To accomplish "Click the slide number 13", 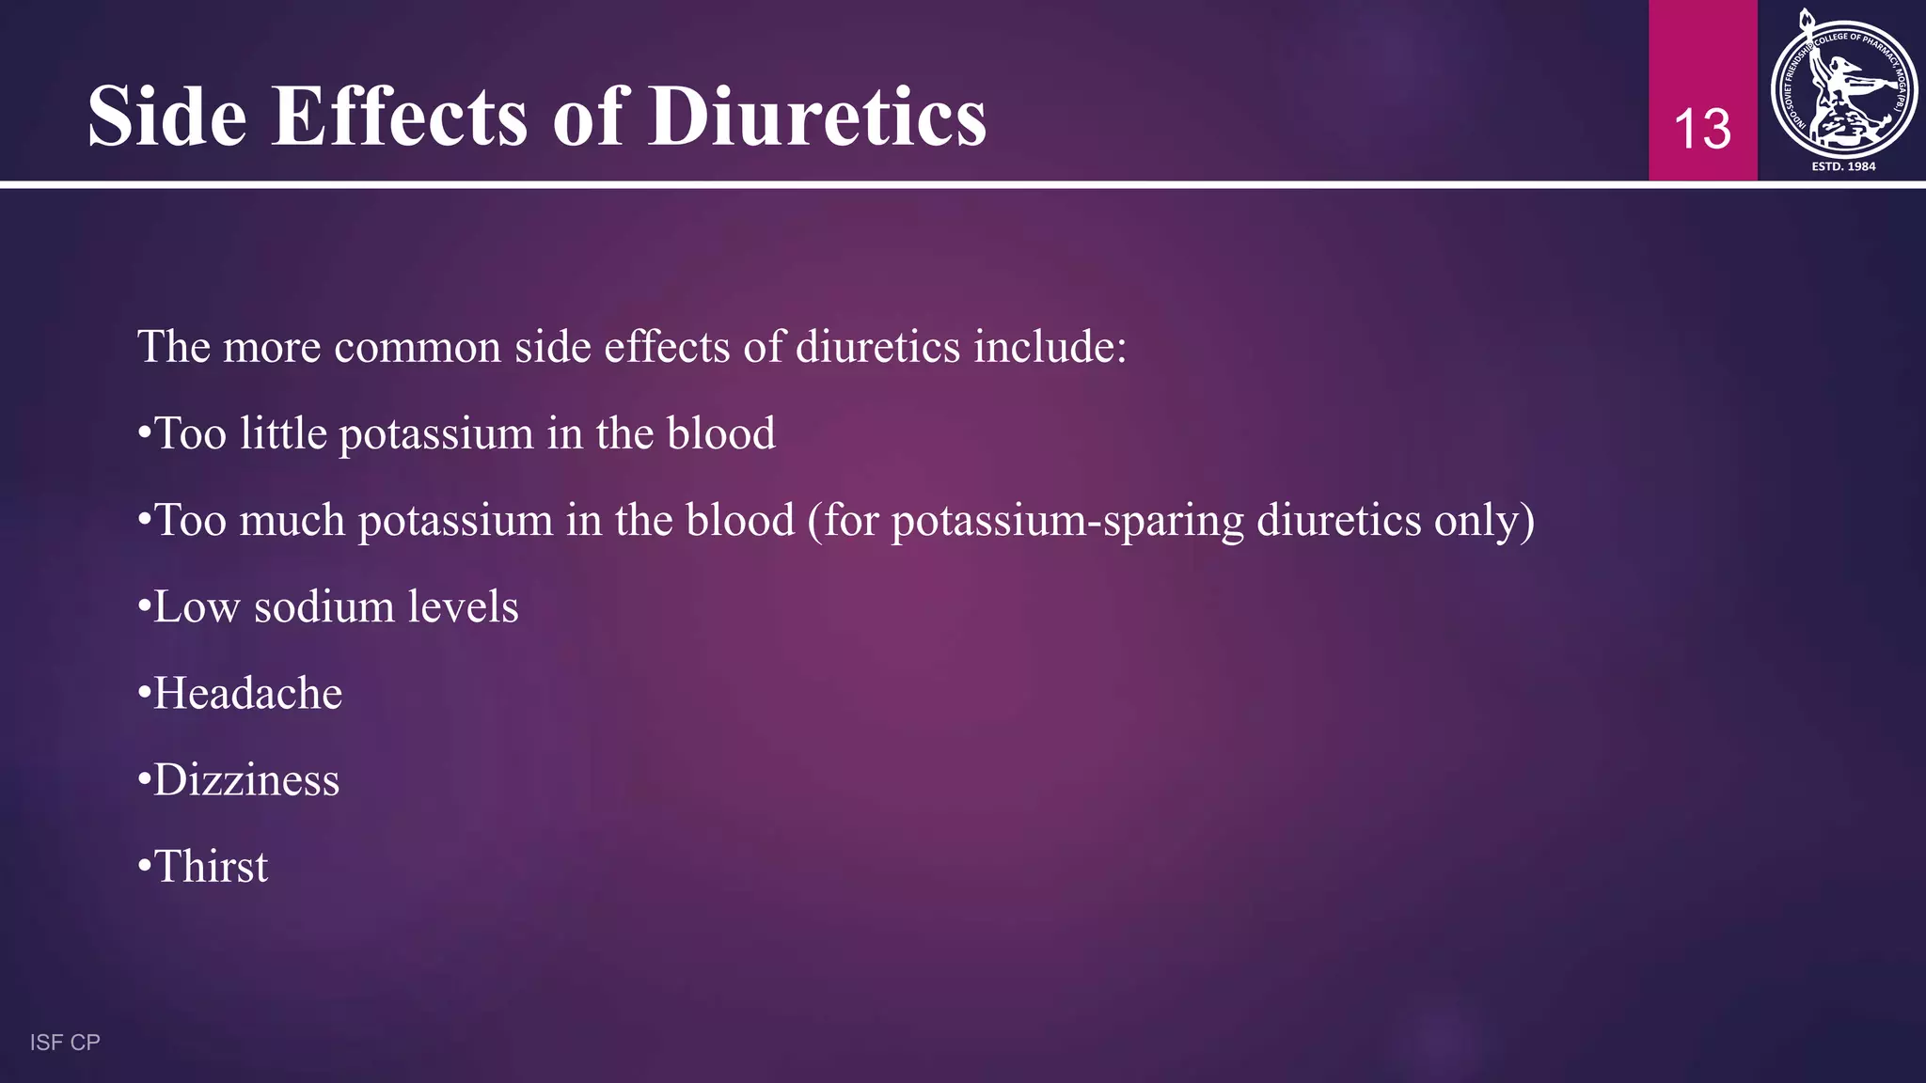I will click(1702, 129).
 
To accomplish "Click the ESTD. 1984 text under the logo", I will click(1843, 166).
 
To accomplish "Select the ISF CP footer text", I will click(65, 1042).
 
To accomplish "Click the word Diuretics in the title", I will click(817, 117).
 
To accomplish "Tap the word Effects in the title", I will click(399, 117).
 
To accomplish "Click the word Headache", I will click(247, 694).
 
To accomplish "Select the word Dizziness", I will click(246, 780).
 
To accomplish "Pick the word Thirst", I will click(211, 867).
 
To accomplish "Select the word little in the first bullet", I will click(282, 434).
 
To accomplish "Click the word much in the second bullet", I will click(292, 521).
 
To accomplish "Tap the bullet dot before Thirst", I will click(144, 867).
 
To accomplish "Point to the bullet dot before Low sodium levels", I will click(144, 607).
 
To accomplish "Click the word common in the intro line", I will click(418, 347).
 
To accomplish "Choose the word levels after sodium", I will click(462, 607).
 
